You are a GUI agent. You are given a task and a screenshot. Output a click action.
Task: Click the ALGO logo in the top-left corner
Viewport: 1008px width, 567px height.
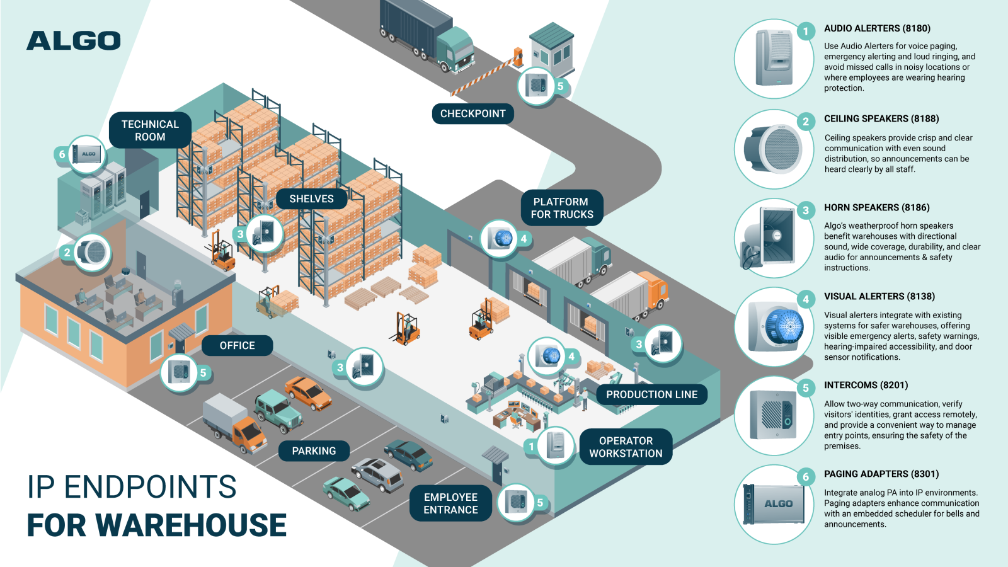tap(73, 41)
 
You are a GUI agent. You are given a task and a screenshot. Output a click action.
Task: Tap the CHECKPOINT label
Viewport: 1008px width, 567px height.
tap(472, 114)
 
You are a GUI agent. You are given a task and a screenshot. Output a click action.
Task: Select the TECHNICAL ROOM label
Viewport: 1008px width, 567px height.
tap(150, 130)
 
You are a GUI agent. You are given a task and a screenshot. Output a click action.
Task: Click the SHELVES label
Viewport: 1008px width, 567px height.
tap(311, 199)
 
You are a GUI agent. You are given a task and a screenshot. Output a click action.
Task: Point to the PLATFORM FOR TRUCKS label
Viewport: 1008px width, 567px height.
tap(561, 208)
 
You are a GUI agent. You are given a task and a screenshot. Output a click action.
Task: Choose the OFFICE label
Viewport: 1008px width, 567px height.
tap(237, 346)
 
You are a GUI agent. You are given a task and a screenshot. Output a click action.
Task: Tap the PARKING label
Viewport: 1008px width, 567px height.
tap(314, 451)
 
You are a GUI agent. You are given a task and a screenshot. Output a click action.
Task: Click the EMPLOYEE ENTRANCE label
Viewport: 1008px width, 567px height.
tap(450, 503)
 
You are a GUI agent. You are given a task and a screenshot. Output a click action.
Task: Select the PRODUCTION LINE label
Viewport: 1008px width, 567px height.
tap(651, 395)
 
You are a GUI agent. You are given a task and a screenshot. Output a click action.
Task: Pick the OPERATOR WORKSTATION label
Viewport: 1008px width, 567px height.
tap(626, 447)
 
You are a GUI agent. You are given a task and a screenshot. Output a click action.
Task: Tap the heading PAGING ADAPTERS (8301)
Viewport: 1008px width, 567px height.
tap(881, 474)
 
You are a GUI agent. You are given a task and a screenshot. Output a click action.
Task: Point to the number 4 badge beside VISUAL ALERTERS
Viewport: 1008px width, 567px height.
tap(806, 300)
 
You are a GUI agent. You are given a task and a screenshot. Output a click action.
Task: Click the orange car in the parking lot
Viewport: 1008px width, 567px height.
tap(308, 392)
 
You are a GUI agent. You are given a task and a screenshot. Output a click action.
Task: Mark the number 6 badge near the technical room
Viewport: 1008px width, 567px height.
tap(62, 154)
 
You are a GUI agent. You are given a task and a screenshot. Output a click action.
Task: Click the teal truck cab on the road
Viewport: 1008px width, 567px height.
tap(455, 48)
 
